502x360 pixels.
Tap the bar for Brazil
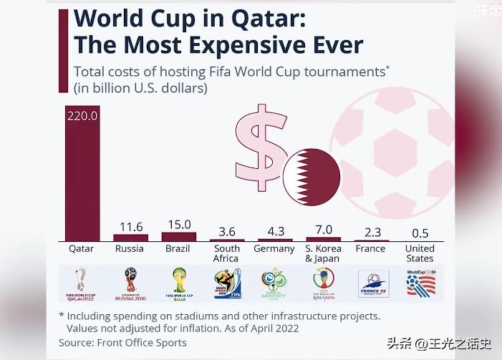(178, 235)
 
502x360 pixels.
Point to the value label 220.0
(82, 115)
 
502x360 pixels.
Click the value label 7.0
(324, 230)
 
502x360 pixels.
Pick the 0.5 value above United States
(420, 233)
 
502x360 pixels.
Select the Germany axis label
(274, 249)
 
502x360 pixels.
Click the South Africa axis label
(226, 253)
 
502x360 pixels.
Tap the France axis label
(372, 249)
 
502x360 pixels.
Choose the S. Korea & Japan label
(323, 253)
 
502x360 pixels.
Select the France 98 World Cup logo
(372, 283)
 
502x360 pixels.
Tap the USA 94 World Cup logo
(420, 283)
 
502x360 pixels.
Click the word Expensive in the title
(251, 44)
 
